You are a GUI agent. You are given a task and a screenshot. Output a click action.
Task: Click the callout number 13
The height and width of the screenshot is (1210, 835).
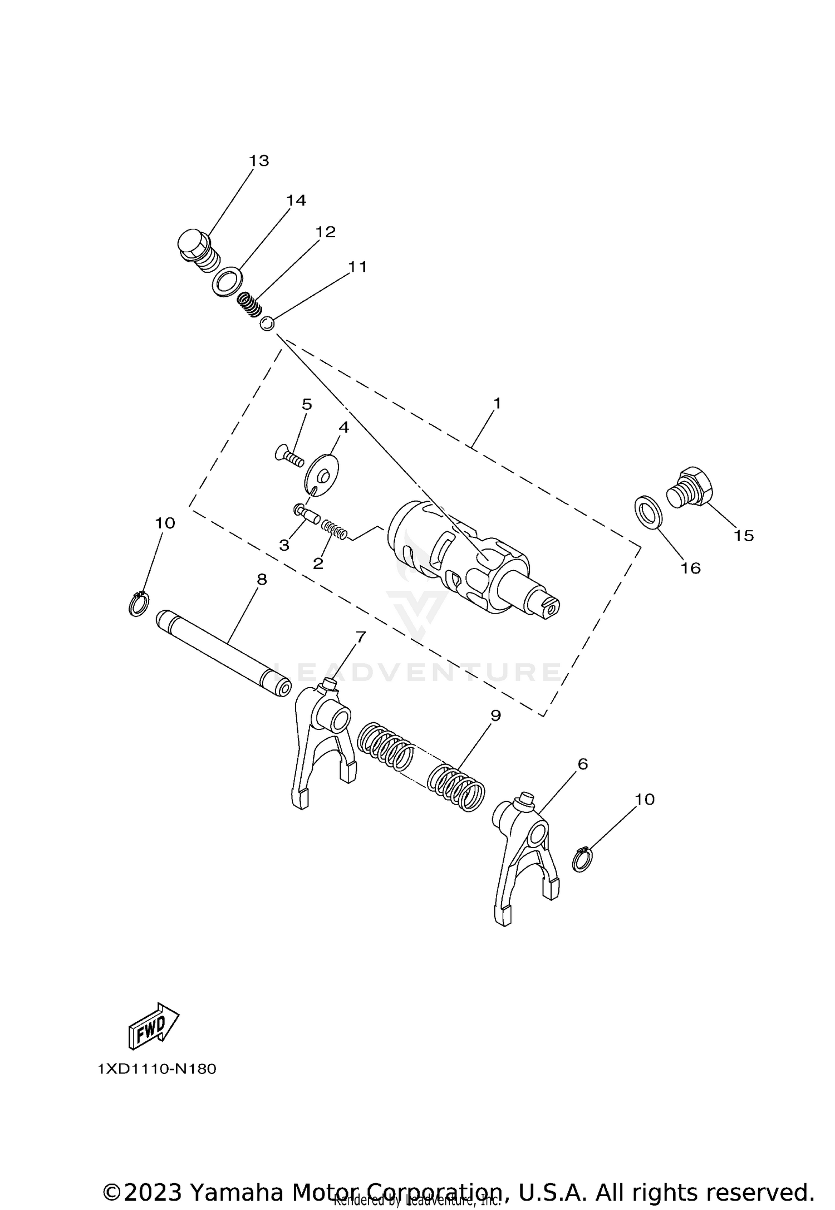tap(259, 161)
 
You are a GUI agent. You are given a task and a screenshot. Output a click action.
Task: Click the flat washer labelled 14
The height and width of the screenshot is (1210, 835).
tap(225, 282)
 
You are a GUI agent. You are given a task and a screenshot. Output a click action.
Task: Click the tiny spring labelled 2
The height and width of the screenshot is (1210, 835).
tap(336, 530)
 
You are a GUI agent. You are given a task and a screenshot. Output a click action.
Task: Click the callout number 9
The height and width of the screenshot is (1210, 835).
tap(495, 716)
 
